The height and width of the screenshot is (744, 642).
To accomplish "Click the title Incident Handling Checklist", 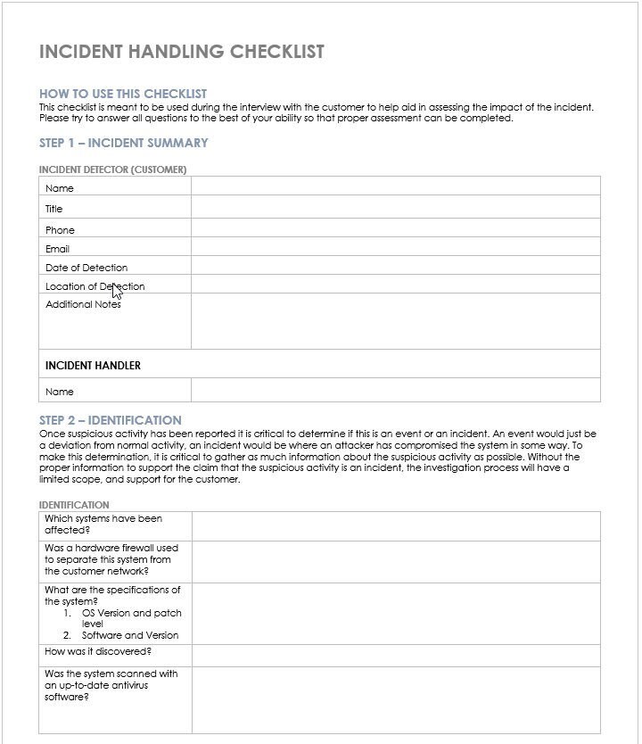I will click(181, 52).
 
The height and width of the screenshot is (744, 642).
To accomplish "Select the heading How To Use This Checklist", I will click(123, 94).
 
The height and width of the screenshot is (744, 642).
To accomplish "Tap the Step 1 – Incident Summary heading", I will click(124, 143).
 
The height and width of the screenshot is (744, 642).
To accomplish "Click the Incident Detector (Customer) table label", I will click(112, 169).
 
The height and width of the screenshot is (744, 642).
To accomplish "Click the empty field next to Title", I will click(395, 209).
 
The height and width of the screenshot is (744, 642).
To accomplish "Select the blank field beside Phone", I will click(395, 229).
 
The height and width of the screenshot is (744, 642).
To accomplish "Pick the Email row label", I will click(58, 249).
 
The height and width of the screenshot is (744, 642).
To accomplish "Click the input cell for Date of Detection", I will click(395, 267).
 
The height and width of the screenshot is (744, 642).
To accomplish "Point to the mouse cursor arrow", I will click(116, 291).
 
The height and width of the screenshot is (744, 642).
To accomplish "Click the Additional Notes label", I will click(83, 304).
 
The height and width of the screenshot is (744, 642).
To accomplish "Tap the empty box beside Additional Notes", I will click(395, 321).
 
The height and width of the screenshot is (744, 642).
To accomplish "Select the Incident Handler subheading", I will click(93, 366).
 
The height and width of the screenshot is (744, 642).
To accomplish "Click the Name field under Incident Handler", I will click(395, 391).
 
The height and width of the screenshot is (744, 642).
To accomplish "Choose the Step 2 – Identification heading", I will click(111, 420).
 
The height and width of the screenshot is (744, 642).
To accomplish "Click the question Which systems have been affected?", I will click(103, 525).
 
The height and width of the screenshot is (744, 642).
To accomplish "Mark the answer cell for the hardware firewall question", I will click(395, 561).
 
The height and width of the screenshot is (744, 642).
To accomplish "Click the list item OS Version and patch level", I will click(131, 618).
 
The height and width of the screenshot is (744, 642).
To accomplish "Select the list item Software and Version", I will click(130, 635).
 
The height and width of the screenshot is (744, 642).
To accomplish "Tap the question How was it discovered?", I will click(98, 651).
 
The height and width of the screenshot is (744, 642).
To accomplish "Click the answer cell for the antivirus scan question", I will click(395, 699).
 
